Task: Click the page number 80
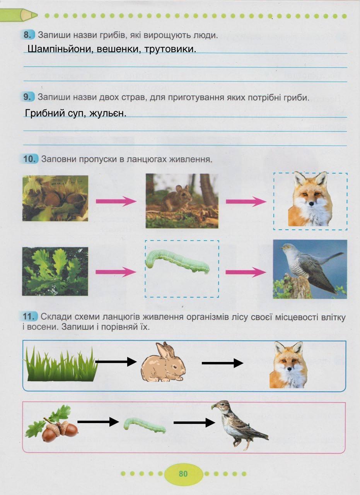pyautogui.click(x=183, y=474)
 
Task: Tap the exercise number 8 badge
pyautogui.click(x=27, y=35)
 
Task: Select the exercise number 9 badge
pyautogui.click(x=27, y=97)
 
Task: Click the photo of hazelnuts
pyautogui.click(x=55, y=198)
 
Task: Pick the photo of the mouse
pyautogui.click(x=182, y=200)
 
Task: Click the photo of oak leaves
pyautogui.click(x=55, y=271)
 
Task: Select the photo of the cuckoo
pyautogui.click(x=310, y=269)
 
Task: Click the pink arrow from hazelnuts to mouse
pyautogui.click(x=116, y=201)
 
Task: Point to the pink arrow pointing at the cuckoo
pyautogui.click(x=246, y=272)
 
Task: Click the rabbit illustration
pyautogui.click(x=163, y=362)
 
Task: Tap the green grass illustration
pyautogui.click(x=61, y=364)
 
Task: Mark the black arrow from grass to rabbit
pyautogui.click(x=116, y=362)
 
